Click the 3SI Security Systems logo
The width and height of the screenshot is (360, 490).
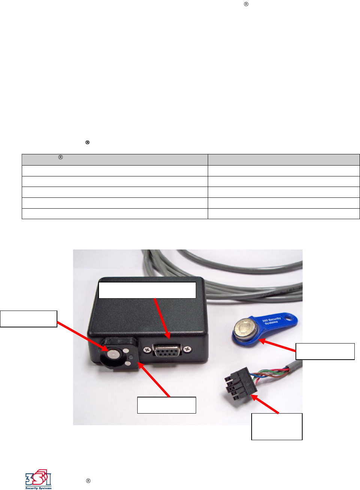[x=38, y=479]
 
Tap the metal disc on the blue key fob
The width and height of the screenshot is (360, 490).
[x=244, y=329]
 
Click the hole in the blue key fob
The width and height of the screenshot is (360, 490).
[x=290, y=319]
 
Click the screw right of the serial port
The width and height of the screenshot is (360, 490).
[x=187, y=350]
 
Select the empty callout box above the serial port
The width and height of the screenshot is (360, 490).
[x=147, y=290]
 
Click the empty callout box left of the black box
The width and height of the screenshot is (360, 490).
[x=28, y=319]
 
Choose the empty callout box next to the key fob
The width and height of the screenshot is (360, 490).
[x=325, y=351]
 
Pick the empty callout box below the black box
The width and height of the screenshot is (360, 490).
[x=166, y=405]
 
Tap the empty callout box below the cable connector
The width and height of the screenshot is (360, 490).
[x=277, y=426]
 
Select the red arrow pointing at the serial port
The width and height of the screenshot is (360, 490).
[x=162, y=318]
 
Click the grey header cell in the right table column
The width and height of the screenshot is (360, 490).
[x=283, y=160]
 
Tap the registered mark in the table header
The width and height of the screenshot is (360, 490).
[x=60, y=157]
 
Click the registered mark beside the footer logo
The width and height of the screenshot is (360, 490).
[x=88, y=481]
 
